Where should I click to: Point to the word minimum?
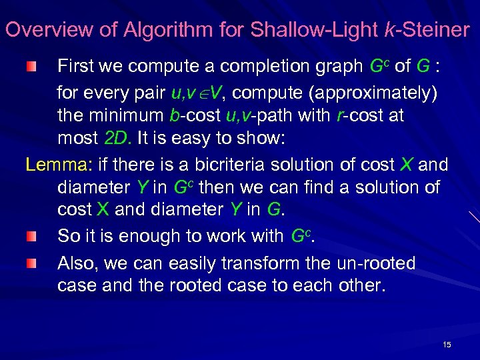(x=124, y=115)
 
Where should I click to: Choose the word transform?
(x=262, y=264)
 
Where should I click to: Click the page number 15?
(x=447, y=345)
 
